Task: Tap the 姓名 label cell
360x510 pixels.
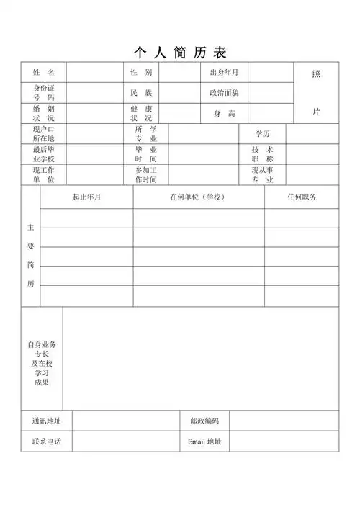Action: pos(43,73)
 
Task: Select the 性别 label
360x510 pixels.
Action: pos(141,73)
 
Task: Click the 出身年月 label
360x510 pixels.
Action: pos(224,73)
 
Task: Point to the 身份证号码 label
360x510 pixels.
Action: pos(43,92)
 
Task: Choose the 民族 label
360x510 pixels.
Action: pos(141,93)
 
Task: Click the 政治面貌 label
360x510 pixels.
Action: pos(224,93)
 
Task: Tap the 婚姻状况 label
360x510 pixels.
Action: pos(43,113)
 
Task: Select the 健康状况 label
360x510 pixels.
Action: pos(141,113)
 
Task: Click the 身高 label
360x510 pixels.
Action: pos(224,114)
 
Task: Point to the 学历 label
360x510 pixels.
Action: pos(262,134)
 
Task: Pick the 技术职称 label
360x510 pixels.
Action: pos(262,154)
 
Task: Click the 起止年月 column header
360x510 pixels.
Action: pos(86,197)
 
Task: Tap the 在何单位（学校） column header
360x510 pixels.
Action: pos(198,197)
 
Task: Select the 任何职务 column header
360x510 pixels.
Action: pos(302,197)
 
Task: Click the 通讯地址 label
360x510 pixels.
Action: pos(46,421)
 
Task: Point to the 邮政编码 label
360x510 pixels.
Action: pos(204,421)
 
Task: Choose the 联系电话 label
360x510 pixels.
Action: pos(46,442)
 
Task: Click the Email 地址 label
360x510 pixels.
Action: pos(204,442)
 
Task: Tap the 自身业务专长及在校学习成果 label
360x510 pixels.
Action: pos(42,363)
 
